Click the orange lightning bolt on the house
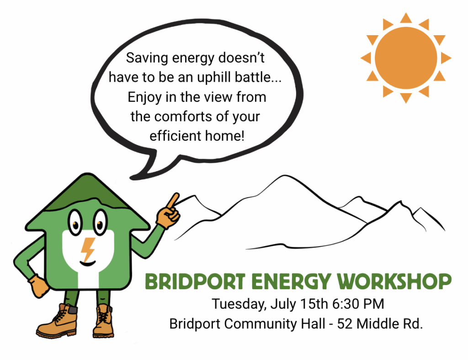pos(88,249)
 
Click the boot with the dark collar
pos(57,322)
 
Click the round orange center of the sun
pos(406,58)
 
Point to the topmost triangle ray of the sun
pos(406,18)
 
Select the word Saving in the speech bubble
pos(147,58)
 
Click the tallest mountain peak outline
pos(282,176)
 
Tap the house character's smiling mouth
pos(88,263)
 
